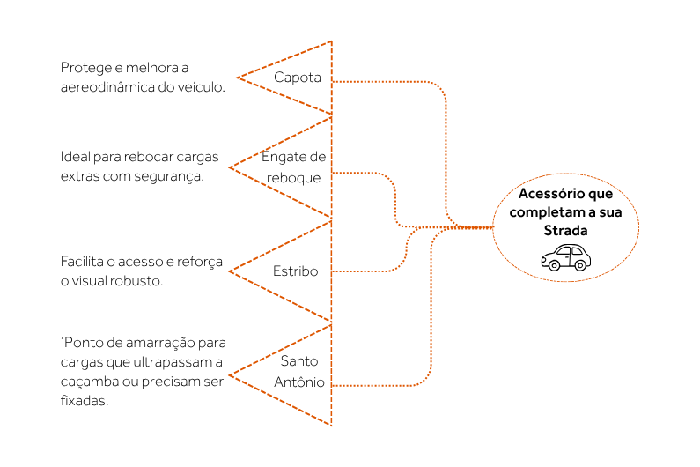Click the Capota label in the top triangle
point(297,78)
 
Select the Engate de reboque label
point(294,167)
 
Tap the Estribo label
point(295,271)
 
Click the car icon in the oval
point(565,257)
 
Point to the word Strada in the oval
point(564,230)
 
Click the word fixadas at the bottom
point(84,400)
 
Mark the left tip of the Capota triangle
point(237,78)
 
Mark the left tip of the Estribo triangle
point(230,271)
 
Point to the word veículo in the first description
point(201,87)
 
